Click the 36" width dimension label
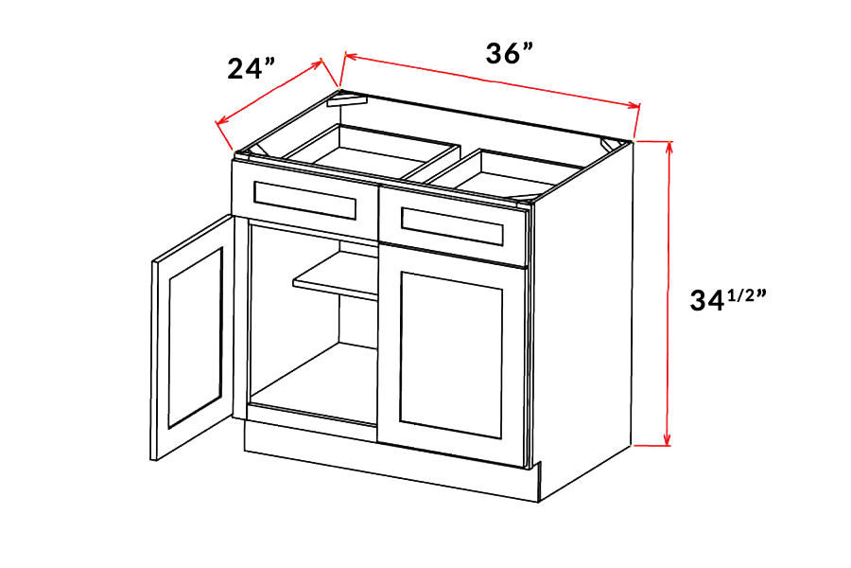[x=509, y=54]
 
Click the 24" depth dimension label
[x=251, y=69]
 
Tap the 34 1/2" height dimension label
[x=728, y=299]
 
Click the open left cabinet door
[x=191, y=336]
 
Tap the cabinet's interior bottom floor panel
[x=315, y=383]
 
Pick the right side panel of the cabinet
[x=583, y=321]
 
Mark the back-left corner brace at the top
[x=346, y=100]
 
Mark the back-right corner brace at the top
[x=612, y=145]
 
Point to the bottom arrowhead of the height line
[x=669, y=440]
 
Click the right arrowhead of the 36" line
[x=634, y=105]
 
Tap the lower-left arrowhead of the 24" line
[x=221, y=122]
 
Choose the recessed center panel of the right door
[x=451, y=355]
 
